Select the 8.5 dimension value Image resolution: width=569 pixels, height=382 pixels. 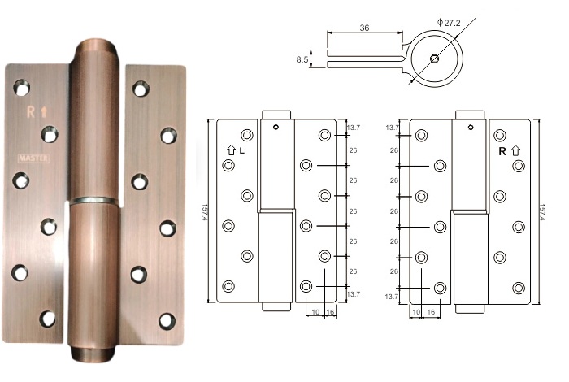pyautogui.click(x=302, y=59)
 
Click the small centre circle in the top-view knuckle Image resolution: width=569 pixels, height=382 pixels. pyautogui.click(x=437, y=59)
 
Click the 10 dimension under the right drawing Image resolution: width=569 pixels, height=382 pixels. pyautogui.click(x=415, y=311)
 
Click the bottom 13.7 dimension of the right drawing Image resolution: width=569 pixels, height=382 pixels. pyautogui.click(x=392, y=297)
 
